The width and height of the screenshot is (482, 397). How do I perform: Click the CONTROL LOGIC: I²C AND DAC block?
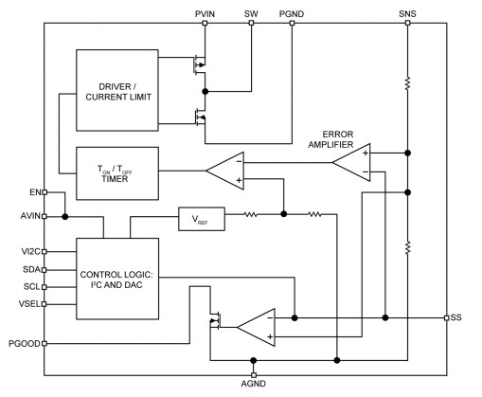pyautogui.click(x=117, y=280)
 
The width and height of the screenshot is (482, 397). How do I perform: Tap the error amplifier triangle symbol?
pyautogui.click(x=351, y=162)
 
